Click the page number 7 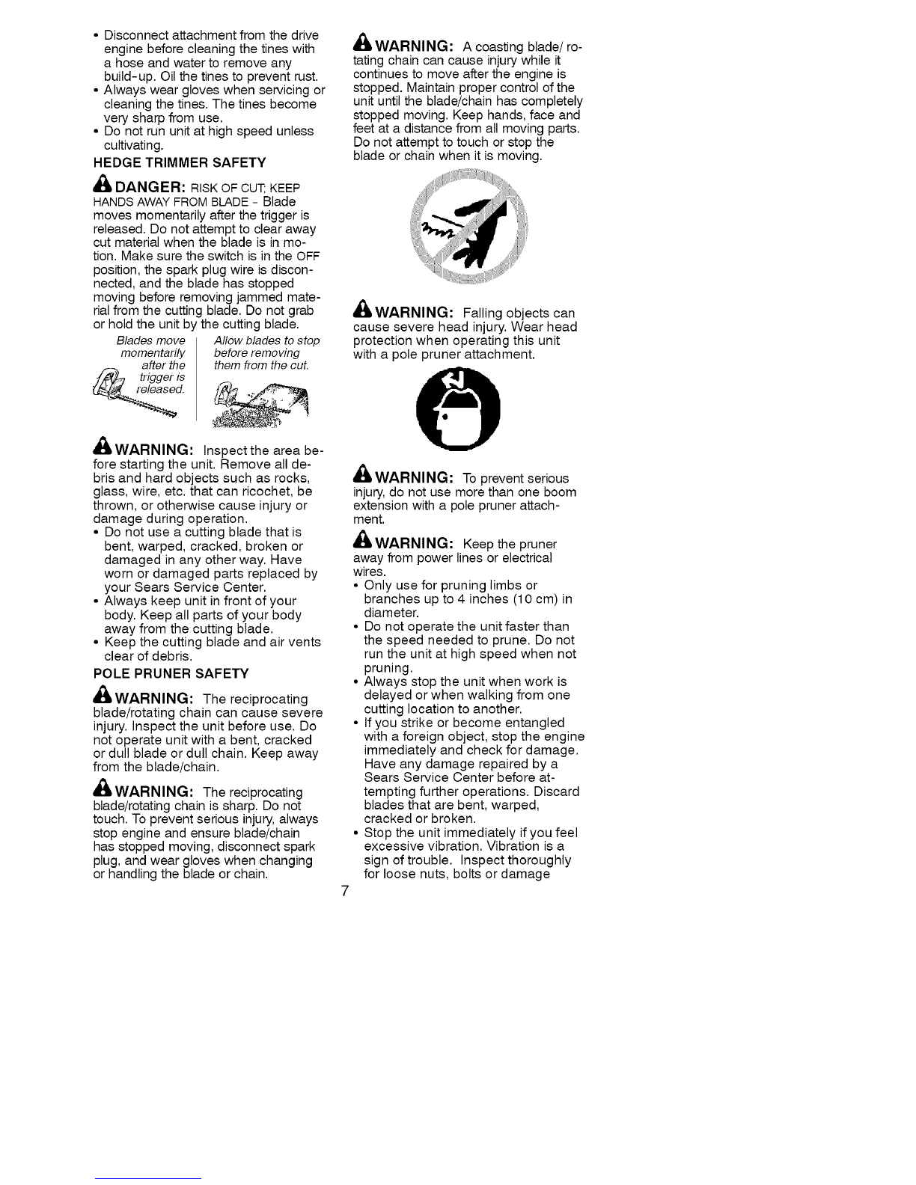point(344,891)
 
